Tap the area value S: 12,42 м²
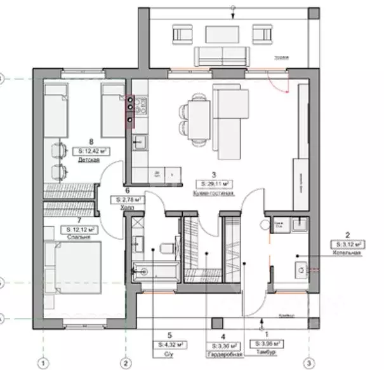[x=89, y=151]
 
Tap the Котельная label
[x=346, y=252]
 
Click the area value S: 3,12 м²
[x=347, y=243]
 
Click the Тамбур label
[x=266, y=353]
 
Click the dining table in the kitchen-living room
[x=197, y=114]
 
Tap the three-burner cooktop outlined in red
[x=131, y=111]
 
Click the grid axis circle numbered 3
[x=308, y=363]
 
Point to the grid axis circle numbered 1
[x=43, y=363]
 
